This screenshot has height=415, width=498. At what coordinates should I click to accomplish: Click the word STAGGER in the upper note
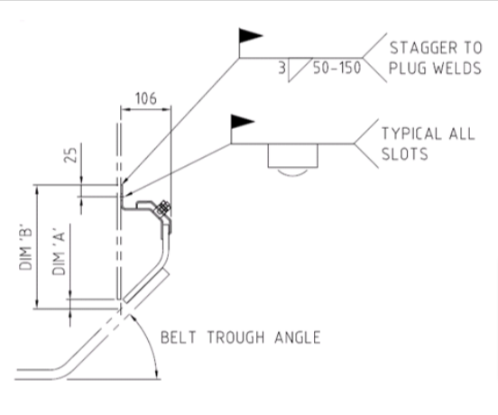(x=420, y=48)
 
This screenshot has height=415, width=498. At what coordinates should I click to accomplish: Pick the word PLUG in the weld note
(x=402, y=69)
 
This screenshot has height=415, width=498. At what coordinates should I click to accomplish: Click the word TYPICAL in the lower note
(x=412, y=134)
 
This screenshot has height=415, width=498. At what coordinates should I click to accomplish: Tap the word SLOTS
(x=403, y=155)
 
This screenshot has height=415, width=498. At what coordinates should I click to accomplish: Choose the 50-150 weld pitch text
(x=335, y=68)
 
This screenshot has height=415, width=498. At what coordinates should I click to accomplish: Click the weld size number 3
(x=281, y=68)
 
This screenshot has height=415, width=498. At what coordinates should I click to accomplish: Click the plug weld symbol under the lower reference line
(x=294, y=161)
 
